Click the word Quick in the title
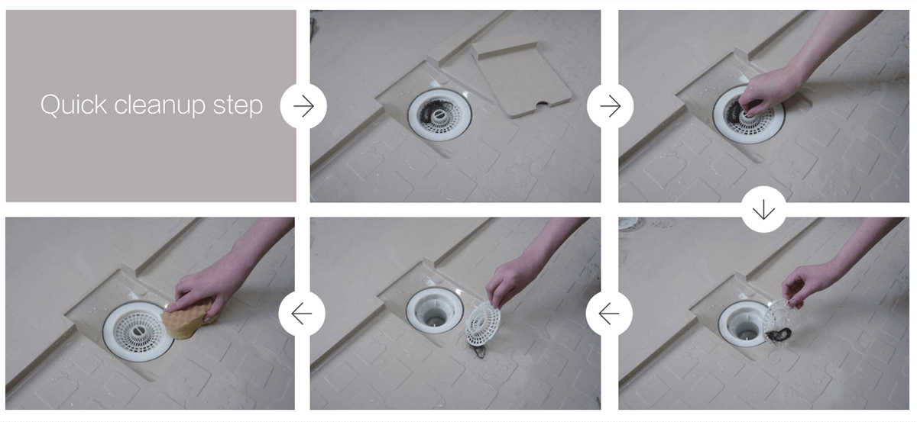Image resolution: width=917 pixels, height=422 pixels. coord(73,105)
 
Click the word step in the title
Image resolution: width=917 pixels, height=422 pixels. coord(238,106)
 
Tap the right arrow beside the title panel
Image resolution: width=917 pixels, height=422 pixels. coord(303,106)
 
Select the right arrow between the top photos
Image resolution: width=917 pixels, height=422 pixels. coord(610,106)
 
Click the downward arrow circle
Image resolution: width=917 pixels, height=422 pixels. coord(763,209)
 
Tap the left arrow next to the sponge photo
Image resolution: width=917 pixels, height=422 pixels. coord(302,314)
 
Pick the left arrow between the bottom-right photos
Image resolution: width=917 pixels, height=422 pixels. coord(609,314)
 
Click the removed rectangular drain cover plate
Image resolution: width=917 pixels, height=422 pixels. coord(523,79)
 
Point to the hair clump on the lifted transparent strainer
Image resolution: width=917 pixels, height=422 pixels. coord(779,334)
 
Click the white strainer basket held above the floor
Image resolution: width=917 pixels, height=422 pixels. coord(483,322)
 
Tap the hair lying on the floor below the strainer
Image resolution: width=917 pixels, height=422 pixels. coord(478,350)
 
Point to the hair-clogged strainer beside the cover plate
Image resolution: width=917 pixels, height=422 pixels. coord(439,113)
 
